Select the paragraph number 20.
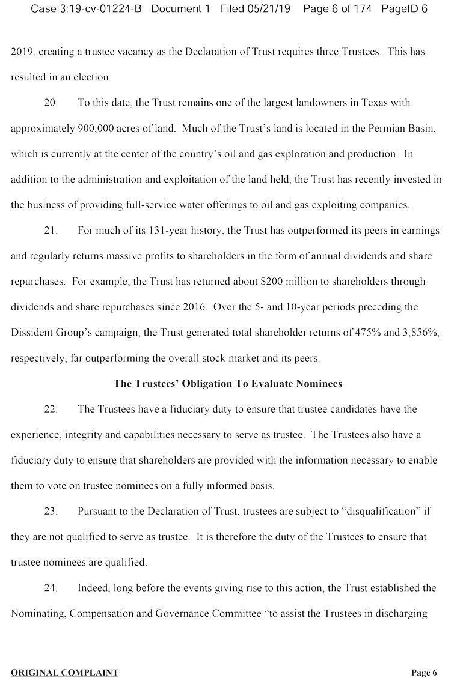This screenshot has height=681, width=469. pos(51,103)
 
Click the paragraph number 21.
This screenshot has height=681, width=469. pos(51,231)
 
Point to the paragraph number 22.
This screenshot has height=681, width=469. pos(51,410)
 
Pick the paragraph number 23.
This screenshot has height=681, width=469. pos(51,512)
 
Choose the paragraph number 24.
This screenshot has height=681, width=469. pos(51,589)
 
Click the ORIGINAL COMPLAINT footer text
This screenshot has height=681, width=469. pos(64,673)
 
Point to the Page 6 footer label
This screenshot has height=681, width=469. pos(424,673)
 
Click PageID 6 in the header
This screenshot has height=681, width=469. pos(404,9)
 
